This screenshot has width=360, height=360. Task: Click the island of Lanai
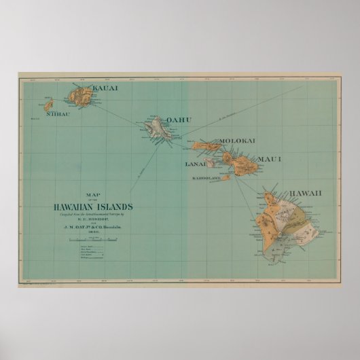point(212,162)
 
